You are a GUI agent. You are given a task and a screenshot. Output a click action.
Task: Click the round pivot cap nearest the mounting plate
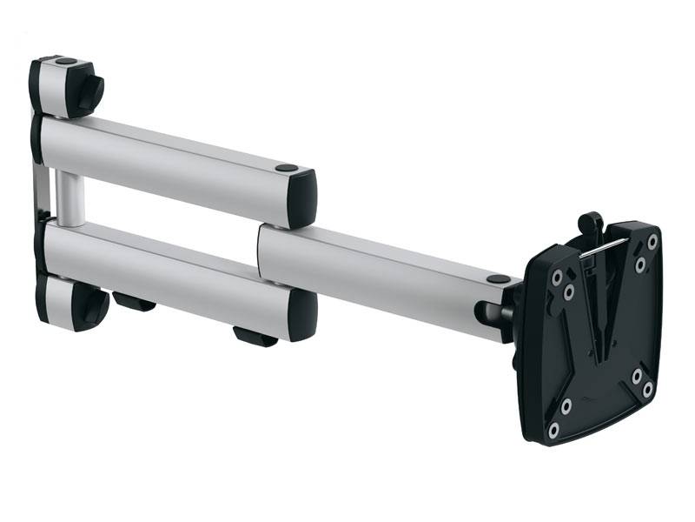[x=499, y=280]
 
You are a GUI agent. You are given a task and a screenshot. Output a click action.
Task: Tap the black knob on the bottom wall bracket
[x=91, y=305]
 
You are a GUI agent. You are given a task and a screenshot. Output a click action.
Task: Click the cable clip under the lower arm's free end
[x=254, y=336]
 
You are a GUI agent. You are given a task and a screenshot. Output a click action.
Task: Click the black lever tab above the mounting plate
[x=591, y=221]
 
